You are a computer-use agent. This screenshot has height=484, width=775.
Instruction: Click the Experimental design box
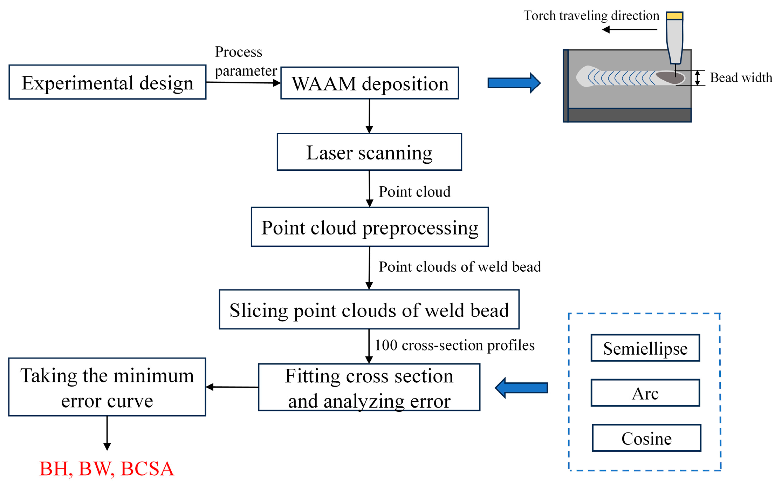click(107, 82)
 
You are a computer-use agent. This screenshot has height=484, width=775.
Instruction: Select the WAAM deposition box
click(370, 83)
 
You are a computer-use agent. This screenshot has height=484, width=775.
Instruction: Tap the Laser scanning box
click(369, 152)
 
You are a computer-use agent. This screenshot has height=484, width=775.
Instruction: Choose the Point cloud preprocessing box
click(370, 227)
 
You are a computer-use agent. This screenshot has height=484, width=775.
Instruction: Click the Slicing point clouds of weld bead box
click(369, 309)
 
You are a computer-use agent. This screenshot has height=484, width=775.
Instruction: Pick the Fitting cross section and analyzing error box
click(369, 387)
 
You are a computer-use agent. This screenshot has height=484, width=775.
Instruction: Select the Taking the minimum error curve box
click(107, 387)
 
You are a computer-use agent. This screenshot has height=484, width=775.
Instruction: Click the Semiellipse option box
click(645, 348)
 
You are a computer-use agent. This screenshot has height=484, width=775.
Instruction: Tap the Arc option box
click(645, 393)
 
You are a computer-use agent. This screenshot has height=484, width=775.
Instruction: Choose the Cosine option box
click(646, 438)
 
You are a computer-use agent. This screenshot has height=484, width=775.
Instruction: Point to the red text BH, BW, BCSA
click(107, 469)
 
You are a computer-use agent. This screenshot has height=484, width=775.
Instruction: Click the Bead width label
click(741, 77)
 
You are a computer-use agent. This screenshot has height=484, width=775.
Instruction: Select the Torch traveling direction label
click(591, 15)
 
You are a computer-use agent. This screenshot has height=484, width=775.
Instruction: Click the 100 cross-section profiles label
click(454, 345)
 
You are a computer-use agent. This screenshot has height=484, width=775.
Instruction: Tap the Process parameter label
click(245, 61)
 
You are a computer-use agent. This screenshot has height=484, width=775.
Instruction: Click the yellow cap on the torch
click(674, 16)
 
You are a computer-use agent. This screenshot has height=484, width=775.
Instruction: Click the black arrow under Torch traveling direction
click(629, 29)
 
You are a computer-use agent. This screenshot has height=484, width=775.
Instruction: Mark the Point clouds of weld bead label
click(460, 267)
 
